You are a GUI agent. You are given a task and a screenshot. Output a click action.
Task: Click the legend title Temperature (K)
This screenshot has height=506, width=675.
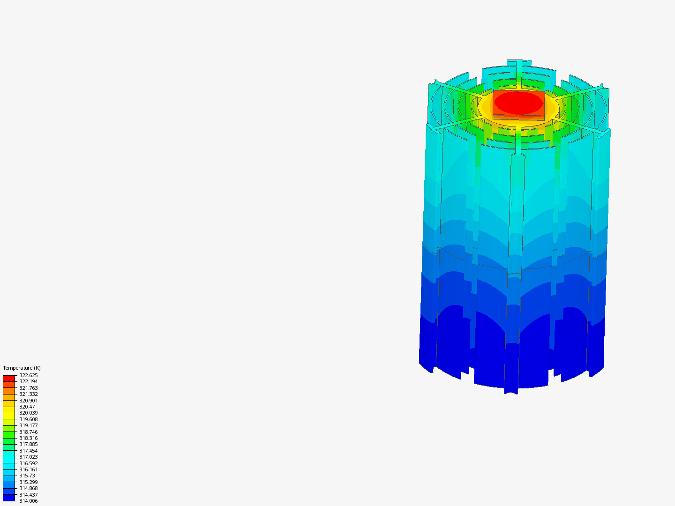click(x=22, y=368)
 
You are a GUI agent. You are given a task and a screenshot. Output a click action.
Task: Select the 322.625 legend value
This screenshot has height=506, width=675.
click(x=28, y=375)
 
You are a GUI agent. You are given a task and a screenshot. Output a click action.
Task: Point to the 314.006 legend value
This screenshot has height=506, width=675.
click(x=28, y=501)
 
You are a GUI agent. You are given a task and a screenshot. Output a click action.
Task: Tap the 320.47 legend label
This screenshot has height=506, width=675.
click(x=27, y=407)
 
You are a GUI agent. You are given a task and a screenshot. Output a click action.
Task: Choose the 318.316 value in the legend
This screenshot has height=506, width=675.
click(x=28, y=438)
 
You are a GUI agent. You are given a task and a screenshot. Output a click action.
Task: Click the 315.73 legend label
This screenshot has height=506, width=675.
click(x=27, y=476)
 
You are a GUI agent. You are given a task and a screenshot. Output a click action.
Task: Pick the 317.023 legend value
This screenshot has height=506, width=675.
click(x=28, y=457)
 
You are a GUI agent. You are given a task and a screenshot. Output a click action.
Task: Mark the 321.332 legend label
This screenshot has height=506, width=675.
click(x=28, y=394)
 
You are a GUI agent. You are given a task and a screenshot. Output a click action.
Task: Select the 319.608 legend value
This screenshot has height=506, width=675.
click(x=28, y=419)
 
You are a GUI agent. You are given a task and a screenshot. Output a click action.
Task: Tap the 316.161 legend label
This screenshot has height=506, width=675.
click(x=28, y=469)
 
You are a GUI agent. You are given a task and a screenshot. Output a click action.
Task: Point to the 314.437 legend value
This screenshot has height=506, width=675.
click(x=28, y=495)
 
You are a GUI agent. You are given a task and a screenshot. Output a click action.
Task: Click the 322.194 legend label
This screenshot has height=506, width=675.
click(x=28, y=381)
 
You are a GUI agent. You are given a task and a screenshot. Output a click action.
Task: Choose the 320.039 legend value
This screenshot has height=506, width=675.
click(x=28, y=413)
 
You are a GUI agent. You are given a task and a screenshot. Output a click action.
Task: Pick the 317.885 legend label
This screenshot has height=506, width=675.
click(x=28, y=444)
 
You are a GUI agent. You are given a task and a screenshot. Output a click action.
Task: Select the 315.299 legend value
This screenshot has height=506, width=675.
click(x=28, y=482)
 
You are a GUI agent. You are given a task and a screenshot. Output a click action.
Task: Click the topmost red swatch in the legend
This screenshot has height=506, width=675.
click(x=9, y=378)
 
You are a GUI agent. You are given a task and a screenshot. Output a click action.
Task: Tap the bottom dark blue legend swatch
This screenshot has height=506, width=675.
click(x=9, y=498)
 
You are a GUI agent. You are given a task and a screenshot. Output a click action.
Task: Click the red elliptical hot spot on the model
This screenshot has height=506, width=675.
click(x=518, y=103)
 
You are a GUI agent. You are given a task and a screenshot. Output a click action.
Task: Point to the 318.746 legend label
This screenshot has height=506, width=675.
click(x=28, y=432)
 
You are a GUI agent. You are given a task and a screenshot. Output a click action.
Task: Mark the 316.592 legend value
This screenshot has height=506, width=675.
click(x=28, y=463)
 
